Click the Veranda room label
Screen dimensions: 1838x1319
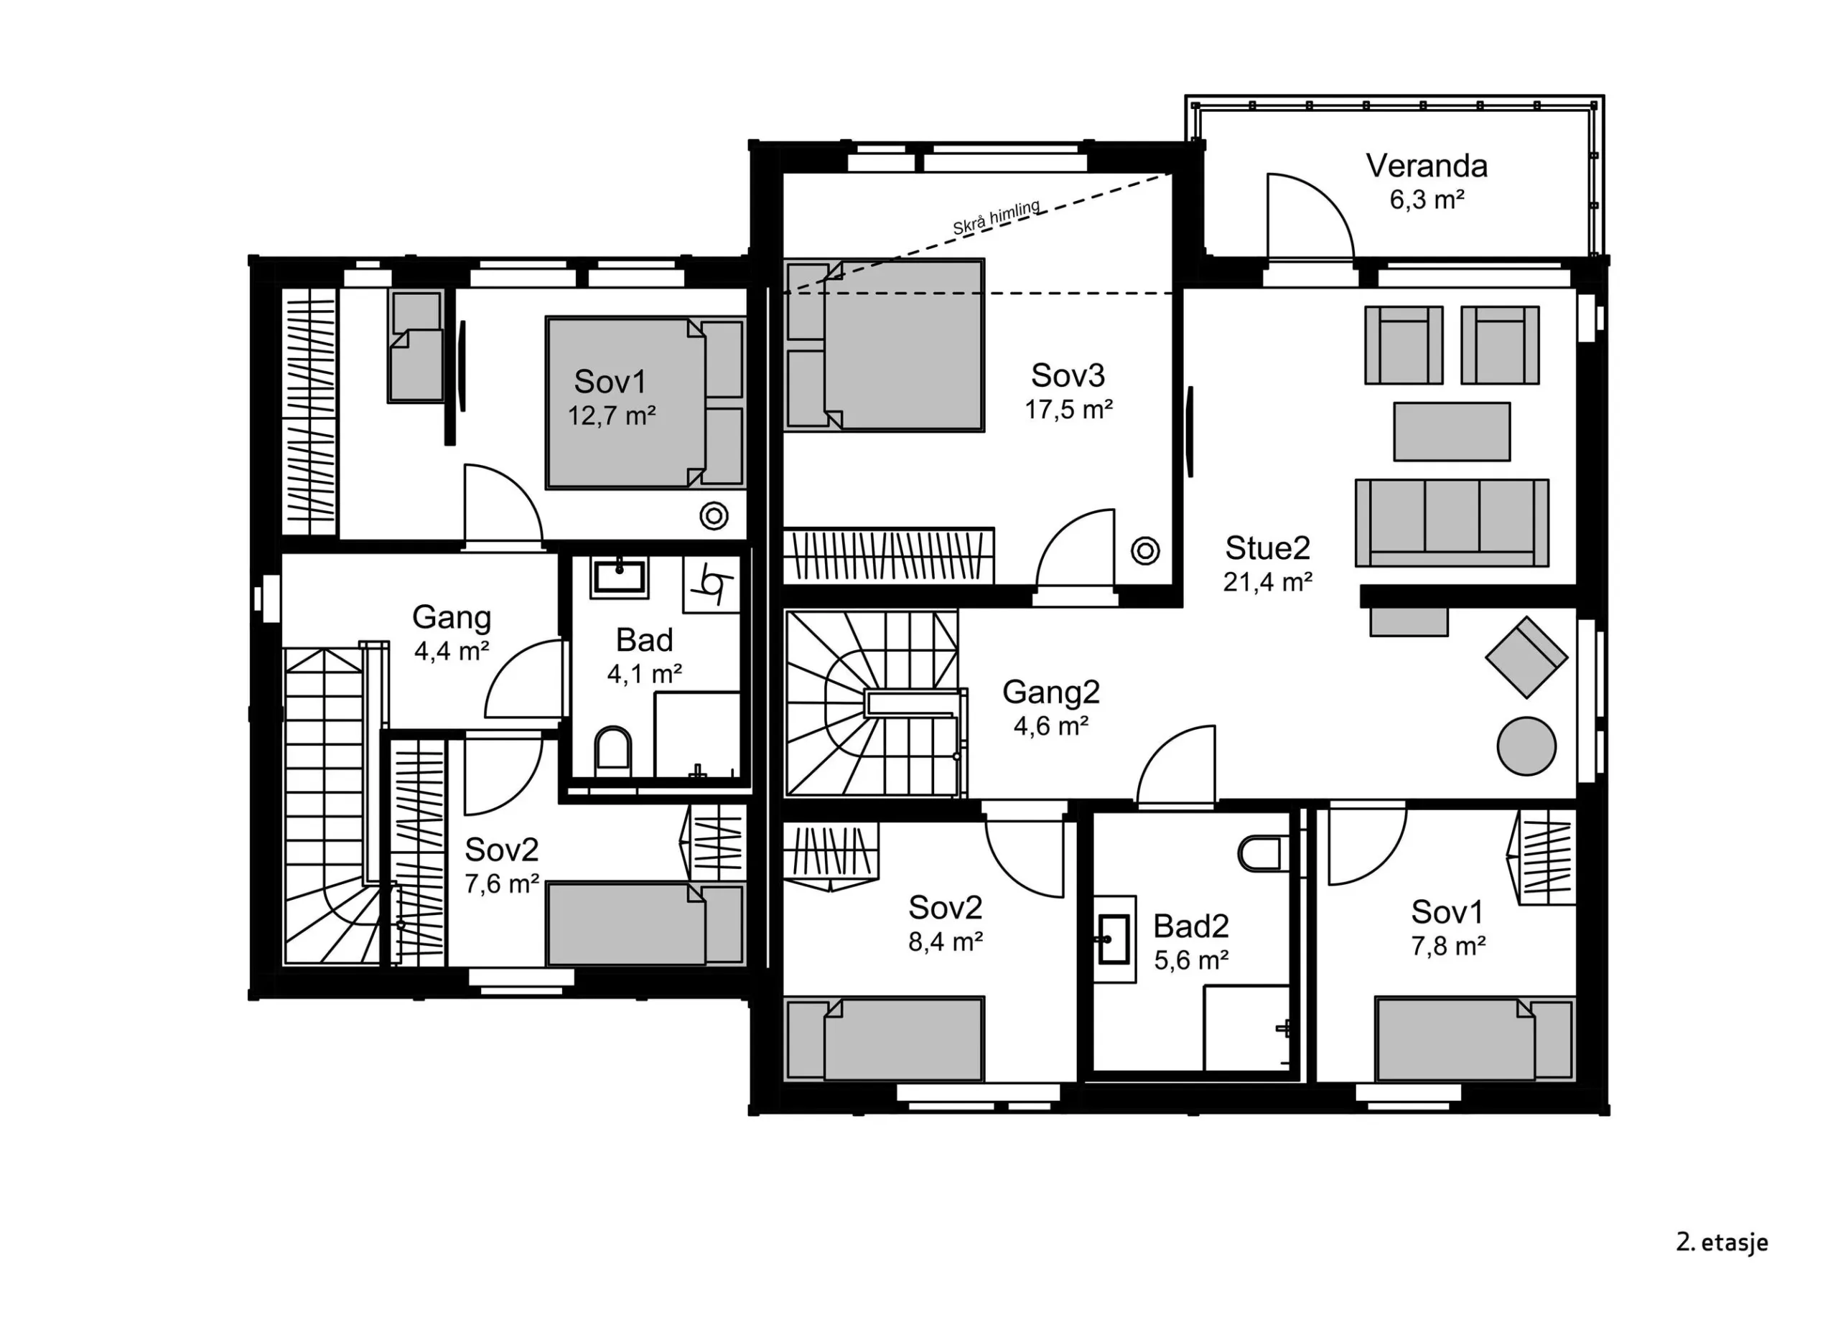pyautogui.click(x=1427, y=166)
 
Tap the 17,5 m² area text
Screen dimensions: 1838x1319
pyautogui.click(x=1068, y=410)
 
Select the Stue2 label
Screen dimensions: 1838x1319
pyautogui.click(x=1267, y=548)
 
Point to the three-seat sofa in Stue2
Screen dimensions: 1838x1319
pyautogui.click(x=1452, y=522)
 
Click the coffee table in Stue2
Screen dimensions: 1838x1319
pyautogui.click(x=1452, y=432)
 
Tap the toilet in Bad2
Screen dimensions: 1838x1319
pyautogui.click(x=1260, y=853)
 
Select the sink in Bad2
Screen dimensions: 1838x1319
pyautogui.click(x=1114, y=940)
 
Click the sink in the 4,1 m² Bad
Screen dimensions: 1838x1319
pyautogui.click(x=620, y=577)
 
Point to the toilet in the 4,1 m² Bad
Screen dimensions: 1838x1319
pyautogui.click(x=612, y=748)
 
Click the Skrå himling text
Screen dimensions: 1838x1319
pyautogui.click(x=996, y=218)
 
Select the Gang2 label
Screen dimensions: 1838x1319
pyautogui.click(x=1051, y=692)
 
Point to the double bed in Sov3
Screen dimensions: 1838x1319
pyautogui.click(x=884, y=345)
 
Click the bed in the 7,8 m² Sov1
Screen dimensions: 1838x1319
pyautogui.click(x=1474, y=1039)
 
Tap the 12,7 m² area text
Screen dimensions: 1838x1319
pyautogui.click(x=611, y=416)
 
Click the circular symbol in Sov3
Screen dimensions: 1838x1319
pyautogui.click(x=1145, y=551)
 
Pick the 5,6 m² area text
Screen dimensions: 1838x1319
pyautogui.click(x=1191, y=961)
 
